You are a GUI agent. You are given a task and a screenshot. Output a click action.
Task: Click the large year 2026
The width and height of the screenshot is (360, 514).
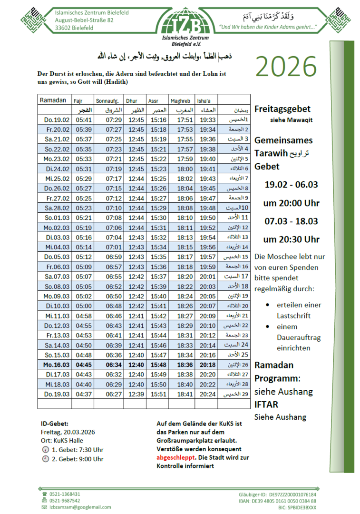click(x=286, y=66)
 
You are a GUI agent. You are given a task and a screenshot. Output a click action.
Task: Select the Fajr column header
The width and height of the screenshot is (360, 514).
click(x=78, y=101)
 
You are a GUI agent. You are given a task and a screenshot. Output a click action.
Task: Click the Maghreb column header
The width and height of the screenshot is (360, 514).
click(x=180, y=101)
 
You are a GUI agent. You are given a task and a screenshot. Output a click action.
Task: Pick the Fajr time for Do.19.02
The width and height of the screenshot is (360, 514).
click(x=83, y=120)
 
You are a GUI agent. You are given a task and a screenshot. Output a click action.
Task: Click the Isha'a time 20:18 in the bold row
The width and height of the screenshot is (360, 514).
click(x=207, y=365)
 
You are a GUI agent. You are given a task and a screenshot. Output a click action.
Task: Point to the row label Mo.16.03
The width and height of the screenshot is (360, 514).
click(x=55, y=365)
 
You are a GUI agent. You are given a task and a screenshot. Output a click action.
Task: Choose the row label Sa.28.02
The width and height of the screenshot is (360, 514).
click(x=55, y=208)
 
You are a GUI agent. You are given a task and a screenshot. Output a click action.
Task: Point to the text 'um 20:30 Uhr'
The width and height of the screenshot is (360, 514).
click(x=291, y=239)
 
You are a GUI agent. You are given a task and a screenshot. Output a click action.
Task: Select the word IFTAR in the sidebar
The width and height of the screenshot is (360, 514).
click(x=266, y=405)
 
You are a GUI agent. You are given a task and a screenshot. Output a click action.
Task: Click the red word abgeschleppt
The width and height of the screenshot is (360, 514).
click(x=175, y=457)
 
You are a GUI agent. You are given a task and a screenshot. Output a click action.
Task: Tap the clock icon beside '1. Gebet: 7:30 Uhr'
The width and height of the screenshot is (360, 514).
click(x=45, y=450)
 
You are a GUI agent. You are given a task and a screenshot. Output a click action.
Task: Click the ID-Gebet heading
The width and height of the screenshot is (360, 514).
click(x=55, y=423)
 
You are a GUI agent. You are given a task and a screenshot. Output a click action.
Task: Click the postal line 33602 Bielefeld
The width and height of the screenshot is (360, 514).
click(x=74, y=28)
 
